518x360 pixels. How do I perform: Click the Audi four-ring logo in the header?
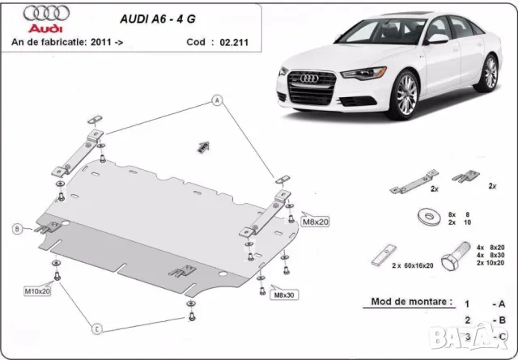pyautogui.click(x=41, y=14)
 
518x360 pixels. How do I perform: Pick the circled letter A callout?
pyautogui.click(x=217, y=100)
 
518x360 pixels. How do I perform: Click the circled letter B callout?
pyautogui.click(x=16, y=230)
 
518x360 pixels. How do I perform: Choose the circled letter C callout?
pyautogui.click(x=96, y=328)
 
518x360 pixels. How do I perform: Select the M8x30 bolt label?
pyautogui.click(x=286, y=294)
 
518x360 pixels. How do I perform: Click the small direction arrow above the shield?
pyautogui.click(x=202, y=146)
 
